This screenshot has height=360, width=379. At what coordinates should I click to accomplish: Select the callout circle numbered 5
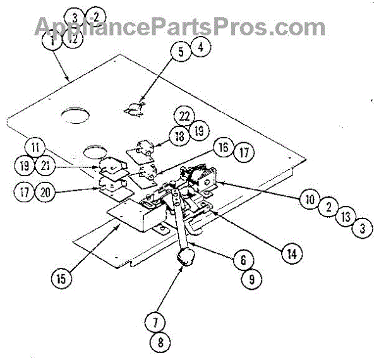point(181,52)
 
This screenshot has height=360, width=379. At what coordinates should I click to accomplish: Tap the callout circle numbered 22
point(184,116)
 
